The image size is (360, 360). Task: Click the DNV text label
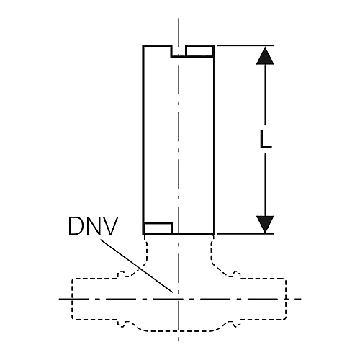(93, 226)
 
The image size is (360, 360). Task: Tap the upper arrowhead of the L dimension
(265, 55)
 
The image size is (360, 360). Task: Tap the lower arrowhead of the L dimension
(265, 224)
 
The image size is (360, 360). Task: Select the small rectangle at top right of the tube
(199, 51)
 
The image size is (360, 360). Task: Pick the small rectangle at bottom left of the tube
(158, 228)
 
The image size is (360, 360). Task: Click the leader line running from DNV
(137, 266)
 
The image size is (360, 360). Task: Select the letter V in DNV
(110, 226)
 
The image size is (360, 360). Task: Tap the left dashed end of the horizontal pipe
(72, 299)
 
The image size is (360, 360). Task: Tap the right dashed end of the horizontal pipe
(286, 299)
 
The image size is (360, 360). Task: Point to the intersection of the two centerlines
(179, 299)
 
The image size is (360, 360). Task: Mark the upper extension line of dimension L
(246, 45)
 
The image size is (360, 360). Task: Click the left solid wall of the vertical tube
(143, 140)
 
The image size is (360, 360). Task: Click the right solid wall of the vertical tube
(214, 145)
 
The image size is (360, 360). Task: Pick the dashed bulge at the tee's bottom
(179, 331)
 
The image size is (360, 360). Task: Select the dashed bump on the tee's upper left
(123, 274)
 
